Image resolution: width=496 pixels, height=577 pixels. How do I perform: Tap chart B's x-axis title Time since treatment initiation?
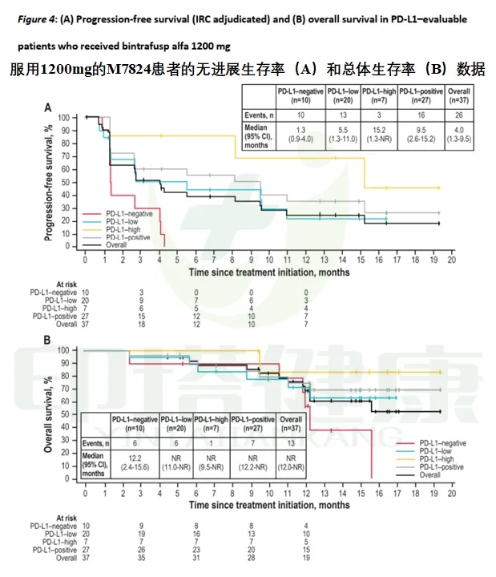[x=268, y=505]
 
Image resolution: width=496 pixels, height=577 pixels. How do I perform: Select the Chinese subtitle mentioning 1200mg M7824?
[x=248, y=70]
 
